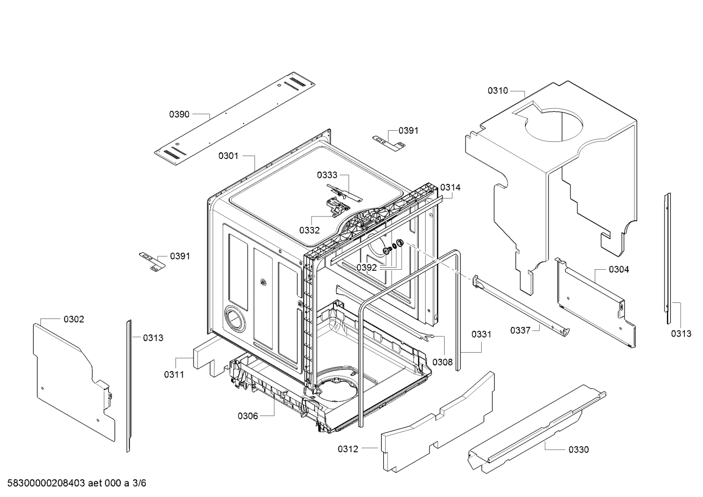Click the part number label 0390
(179, 114)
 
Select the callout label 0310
(497, 90)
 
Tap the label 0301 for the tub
(228, 156)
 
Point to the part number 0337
(520, 330)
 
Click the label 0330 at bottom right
(578, 449)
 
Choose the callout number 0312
(348, 449)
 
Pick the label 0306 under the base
(248, 416)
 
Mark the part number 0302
(74, 319)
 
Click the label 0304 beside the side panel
(619, 269)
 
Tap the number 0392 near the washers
(366, 267)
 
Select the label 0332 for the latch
(309, 230)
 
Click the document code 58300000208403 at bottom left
(44, 483)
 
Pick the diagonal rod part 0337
(521, 308)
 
